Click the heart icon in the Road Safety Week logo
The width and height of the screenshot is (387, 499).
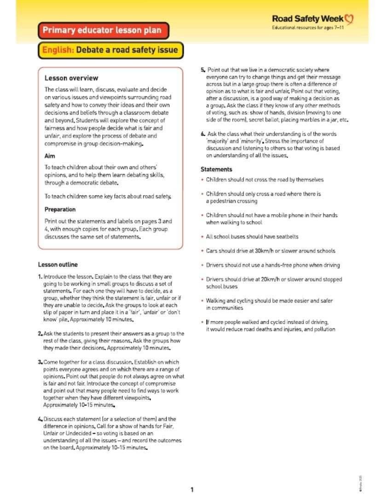coord(349,19)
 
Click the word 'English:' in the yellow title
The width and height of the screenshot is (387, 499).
coord(58,50)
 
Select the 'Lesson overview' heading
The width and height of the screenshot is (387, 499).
coord(71,78)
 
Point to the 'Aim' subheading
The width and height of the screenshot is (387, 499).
coord(50,156)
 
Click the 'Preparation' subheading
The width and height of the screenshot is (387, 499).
coord(60,209)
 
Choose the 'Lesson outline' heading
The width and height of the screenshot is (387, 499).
coord(58,264)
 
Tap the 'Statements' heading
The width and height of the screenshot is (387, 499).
coord(216,169)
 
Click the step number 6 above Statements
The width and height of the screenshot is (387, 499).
coord(202,134)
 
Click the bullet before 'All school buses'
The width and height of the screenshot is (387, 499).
coord(202,237)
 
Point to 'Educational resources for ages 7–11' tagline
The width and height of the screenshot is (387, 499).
coord(308,28)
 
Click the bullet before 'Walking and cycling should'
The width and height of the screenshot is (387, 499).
coord(202,301)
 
